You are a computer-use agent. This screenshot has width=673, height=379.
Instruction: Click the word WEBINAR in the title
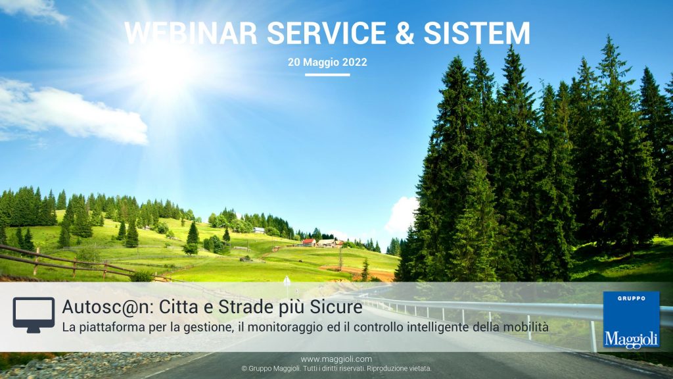[x=191, y=33]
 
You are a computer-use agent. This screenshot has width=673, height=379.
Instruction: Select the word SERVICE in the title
[x=327, y=33]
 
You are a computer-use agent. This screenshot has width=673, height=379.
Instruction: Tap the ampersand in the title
[x=405, y=33]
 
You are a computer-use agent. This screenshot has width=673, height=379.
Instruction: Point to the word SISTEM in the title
[x=477, y=33]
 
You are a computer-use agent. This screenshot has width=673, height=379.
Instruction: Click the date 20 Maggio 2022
[x=327, y=62]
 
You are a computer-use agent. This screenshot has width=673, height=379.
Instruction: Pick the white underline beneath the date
[x=327, y=75]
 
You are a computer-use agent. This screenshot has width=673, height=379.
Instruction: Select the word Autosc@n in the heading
[x=107, y=307]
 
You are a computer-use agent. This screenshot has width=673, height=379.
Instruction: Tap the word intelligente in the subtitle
[x=438, y=328]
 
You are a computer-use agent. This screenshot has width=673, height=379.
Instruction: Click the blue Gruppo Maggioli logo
[x=632, y=320]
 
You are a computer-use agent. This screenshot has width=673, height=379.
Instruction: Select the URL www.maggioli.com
[x=336, y=359]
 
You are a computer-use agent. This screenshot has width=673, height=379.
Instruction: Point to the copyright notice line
[x=336, y=368]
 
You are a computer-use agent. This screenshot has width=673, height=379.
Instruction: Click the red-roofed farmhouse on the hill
[x=309, y=243]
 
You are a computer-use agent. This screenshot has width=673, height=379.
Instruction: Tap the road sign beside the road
[x=287, y=282]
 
